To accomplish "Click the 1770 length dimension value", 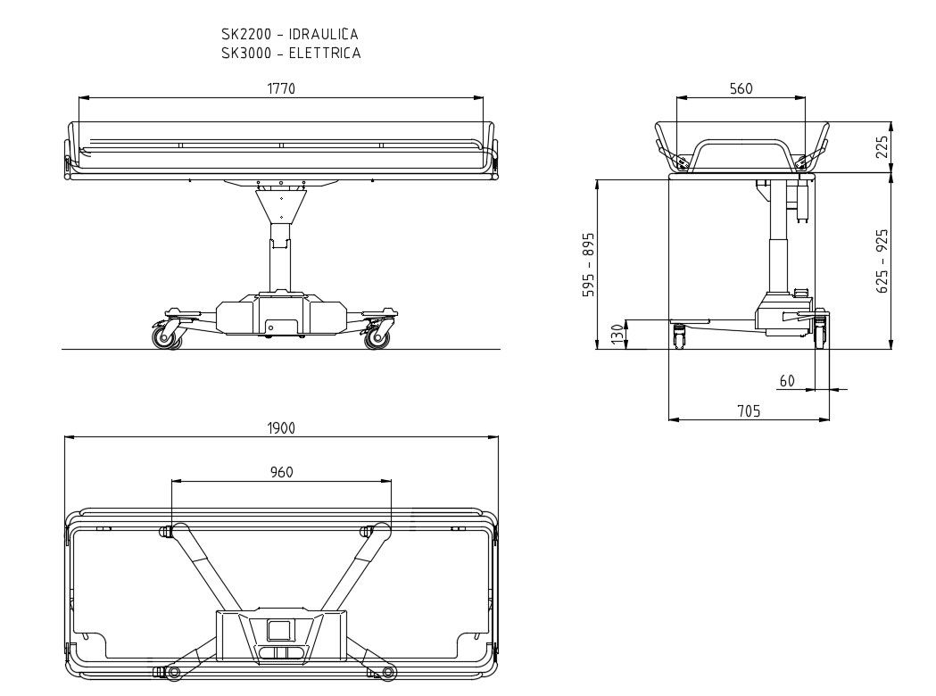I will (x=281, y=88).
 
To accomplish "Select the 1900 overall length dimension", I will (x=281, y=427).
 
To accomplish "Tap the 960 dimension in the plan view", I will (x=281, y=472).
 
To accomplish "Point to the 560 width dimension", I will (x=741, y=88).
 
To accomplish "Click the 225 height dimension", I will (x=882, y=148).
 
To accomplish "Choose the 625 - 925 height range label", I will (x=882, y=262).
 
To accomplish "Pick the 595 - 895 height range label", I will (x=588, y=265).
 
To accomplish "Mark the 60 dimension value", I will (x=786, y=381).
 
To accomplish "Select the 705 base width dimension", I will (x=749, y=410).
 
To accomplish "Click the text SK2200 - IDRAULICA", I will (x=290, y=34).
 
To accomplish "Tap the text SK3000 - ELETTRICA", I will (x=291, y=53).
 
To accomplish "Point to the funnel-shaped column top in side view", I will (x=281, y=207).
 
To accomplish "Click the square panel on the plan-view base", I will (x=281, y=630).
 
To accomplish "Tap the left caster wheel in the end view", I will (x=680, y=337).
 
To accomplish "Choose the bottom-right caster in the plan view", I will (x=388, y=671).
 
